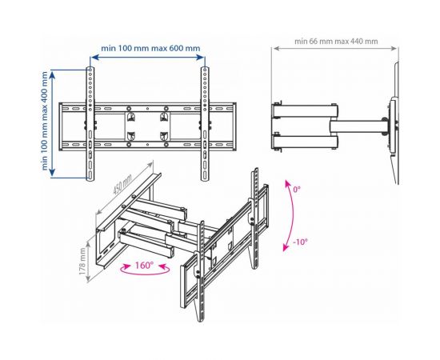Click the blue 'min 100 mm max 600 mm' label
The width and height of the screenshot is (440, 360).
tap(150, 48)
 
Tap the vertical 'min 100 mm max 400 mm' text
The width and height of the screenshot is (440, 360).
tap(45, 121)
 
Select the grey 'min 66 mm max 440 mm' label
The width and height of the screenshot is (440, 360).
tap(336, 42)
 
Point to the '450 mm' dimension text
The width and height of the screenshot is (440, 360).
tap(122, 184)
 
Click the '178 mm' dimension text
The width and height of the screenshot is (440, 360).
tap(82, 262)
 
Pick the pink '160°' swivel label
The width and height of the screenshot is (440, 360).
tap(145, 265)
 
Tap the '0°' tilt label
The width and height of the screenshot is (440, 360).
tap(297, 190)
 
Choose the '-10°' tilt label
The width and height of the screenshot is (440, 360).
tap(300, 242)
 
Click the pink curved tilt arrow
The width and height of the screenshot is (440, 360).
tap(293, 215)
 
